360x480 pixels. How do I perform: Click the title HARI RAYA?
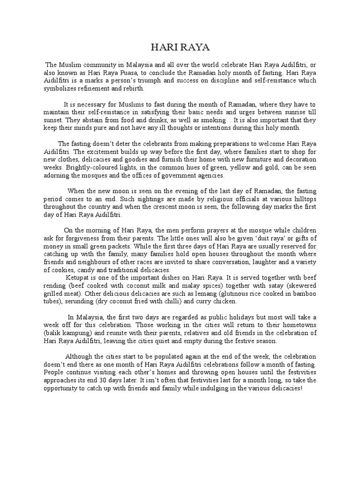click(180, 48)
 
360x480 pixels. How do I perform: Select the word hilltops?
click(305, 199)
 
